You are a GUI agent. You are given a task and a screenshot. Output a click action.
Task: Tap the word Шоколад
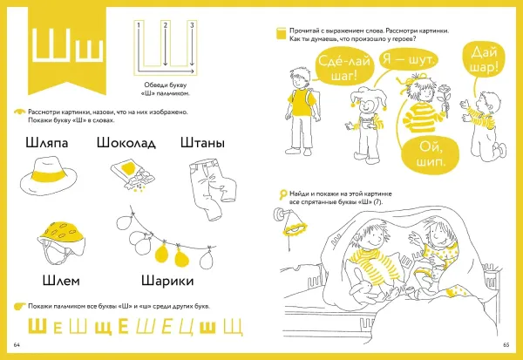128,143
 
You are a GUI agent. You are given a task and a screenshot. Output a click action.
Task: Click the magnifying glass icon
282,194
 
